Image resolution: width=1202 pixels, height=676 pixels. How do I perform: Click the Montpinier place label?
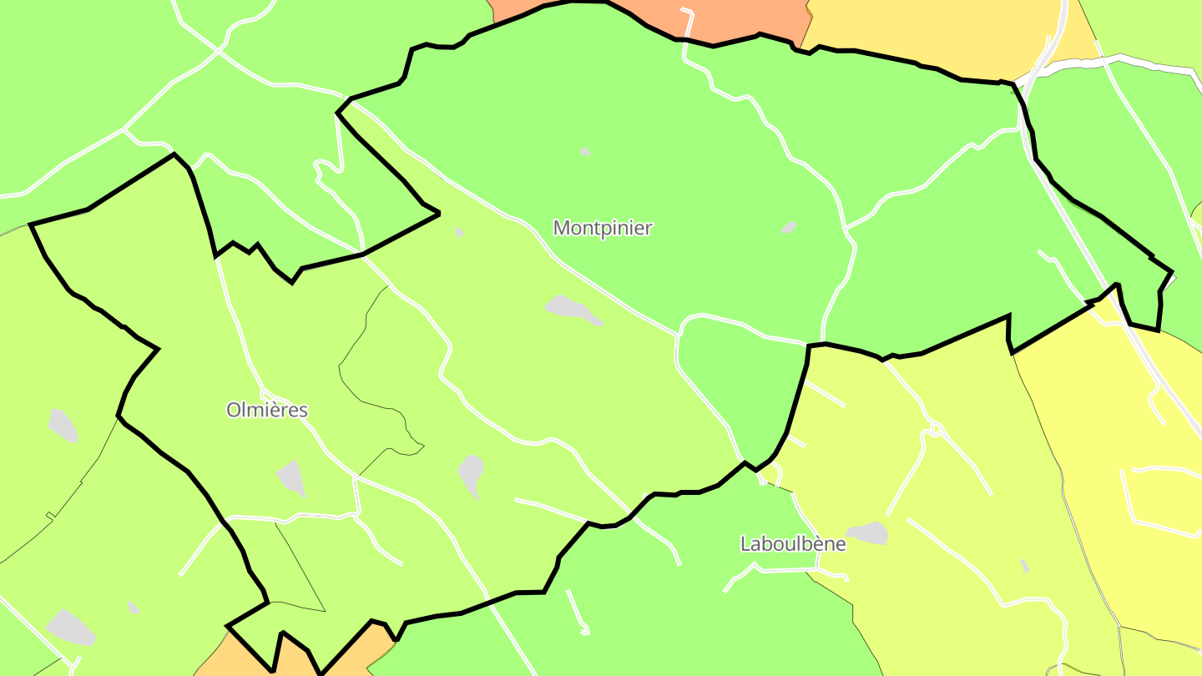tap(603, 228)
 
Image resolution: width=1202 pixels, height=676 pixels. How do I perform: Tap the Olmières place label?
tap(267, 411)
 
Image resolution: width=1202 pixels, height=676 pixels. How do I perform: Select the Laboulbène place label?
tap(793, 544)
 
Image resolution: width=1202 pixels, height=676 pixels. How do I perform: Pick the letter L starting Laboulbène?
tap(745, 544)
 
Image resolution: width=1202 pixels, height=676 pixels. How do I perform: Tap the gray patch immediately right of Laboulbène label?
tap(867, 532)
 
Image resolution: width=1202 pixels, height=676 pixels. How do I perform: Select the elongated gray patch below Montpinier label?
tap(573, 309)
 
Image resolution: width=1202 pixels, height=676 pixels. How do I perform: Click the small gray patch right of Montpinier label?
tap(789, 227)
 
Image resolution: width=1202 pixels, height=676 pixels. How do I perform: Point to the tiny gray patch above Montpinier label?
tap(585, 151)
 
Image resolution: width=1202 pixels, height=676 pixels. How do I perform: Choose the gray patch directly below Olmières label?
tap(290, 478)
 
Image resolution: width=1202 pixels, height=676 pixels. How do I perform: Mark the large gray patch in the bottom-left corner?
tap(70, 626)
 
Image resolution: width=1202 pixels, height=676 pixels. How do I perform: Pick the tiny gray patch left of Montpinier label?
tap(459, 233)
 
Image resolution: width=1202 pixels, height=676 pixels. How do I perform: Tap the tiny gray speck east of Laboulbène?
tap(1024, 566)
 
